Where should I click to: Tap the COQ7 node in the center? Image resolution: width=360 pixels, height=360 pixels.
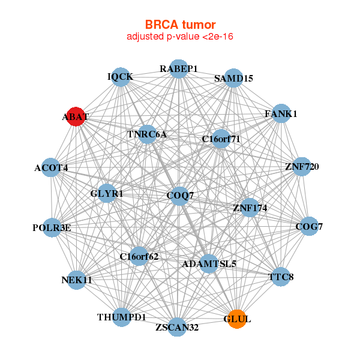click(x=179, y=196)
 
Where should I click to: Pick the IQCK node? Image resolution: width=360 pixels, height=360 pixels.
click(x=121, y=77)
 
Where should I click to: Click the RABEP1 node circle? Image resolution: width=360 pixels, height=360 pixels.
click(x=178, y=69)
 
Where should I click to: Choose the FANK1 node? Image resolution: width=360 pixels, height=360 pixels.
click(x=281, y=113)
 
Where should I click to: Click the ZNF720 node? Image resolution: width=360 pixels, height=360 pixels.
click(x=302, y=166)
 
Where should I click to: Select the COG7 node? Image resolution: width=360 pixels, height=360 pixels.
click(x=308, y=226)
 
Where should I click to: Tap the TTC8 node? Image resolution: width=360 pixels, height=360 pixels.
click(x=281, y=277)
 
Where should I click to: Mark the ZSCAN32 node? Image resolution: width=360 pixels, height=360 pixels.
click(x=177, y=327)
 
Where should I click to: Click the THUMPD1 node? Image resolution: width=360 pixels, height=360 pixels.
click(x=122, y=317)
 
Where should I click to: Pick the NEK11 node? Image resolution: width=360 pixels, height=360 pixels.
click(x=77, y=280)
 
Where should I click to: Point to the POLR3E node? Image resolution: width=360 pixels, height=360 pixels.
click(x=53, y=227)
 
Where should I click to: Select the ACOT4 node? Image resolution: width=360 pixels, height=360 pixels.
click(x=52, y=168)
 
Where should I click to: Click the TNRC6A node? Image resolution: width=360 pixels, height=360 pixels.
click(x=148, y=134)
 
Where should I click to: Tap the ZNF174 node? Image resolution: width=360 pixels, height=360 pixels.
click(x=250, y=208)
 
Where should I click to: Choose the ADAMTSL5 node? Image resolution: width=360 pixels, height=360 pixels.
click(x=209, y=263)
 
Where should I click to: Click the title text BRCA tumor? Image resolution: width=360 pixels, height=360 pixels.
click(x=180, y=25)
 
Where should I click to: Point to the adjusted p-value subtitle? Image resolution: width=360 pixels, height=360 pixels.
click(x=180, y=37)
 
